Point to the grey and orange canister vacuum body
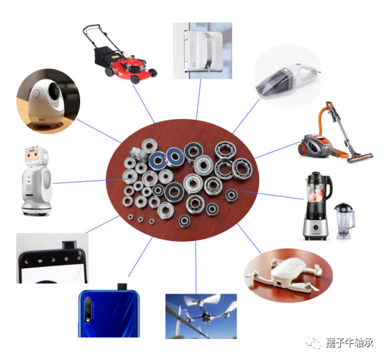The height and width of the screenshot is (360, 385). click(x=316, y=145)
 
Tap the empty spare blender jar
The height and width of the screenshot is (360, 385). click(x=344, y=221)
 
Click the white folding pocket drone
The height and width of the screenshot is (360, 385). click(x=284, y=274)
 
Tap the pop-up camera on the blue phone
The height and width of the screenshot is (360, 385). click(x=122, y=287)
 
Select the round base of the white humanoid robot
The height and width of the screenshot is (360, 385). click(x=37, y=209)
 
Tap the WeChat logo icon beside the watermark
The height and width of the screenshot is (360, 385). click(x=314, y=342)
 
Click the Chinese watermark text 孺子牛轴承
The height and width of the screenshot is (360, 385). click(x=350, y=342)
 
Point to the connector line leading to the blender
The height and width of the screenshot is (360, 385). click(x=272, y=195)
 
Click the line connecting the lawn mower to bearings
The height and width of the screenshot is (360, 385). click(x=144, y=104)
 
